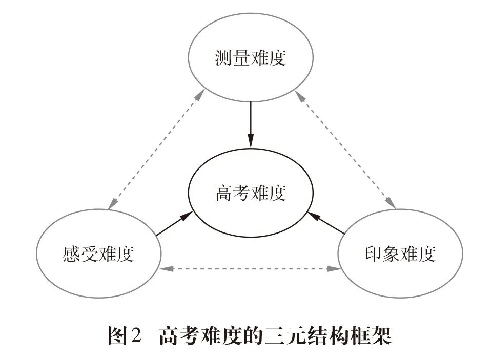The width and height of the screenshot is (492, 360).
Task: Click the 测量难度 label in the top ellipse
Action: [250, 58]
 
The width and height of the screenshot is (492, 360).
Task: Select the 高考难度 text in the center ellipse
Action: [250, 194]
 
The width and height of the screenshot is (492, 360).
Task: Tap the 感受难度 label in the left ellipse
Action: [98, 253]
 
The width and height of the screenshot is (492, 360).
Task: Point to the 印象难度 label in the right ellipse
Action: [400, 253]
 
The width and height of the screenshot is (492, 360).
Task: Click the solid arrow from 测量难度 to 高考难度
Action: [250, 123]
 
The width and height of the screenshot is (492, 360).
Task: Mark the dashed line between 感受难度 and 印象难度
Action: [250, 268]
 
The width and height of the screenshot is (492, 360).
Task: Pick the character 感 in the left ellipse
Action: [72, 253]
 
